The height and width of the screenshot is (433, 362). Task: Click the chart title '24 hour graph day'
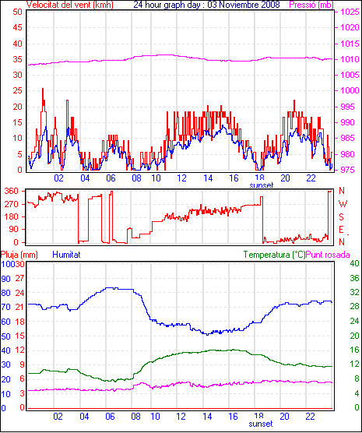coord(169,5)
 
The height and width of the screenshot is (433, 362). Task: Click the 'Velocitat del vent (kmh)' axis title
coord(70,5)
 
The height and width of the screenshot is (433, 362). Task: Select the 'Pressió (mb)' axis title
coord(311,5)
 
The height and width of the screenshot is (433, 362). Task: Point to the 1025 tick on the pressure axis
coord(350,12)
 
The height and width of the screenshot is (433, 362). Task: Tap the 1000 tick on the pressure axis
coord(350,91)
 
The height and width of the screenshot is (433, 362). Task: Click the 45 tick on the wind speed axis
coord(17,27)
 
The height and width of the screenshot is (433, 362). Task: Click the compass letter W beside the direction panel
coord(343,204)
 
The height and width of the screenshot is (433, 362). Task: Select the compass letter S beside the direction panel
coord(341,217)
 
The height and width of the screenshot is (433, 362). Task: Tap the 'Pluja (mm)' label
coord(19,255)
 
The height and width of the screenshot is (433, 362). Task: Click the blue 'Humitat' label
coord(66,255)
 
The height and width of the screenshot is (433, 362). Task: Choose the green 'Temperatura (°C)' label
coord(275,255)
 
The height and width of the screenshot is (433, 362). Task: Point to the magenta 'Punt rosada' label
coord(328,255)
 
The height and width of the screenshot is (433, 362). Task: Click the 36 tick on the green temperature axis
coord(354,278)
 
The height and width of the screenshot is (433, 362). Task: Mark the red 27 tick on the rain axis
coord(19,278)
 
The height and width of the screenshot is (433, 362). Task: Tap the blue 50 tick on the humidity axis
coord(5,336)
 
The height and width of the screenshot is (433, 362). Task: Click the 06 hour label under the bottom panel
coord(110,416)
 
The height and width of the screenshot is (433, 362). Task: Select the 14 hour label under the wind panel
coord(208,178)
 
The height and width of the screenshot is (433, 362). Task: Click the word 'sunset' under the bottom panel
coord(261,424)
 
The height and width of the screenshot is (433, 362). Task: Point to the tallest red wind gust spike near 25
coord(43,89)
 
